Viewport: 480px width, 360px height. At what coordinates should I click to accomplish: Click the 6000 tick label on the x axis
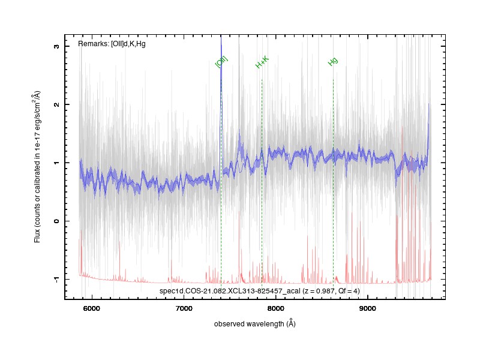point(92,308)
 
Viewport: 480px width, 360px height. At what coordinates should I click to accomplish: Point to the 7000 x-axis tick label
point(184,308)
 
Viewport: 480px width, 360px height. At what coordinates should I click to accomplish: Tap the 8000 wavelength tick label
point(275,308)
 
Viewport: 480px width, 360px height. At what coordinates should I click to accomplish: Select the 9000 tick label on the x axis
point(367,308)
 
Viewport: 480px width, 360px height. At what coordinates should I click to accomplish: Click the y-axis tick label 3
point(56,46)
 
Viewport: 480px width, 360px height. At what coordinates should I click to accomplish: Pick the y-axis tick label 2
point(56,104)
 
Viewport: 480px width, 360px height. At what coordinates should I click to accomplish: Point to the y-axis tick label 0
point(56,221)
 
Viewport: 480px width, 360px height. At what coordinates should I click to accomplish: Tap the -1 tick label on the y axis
point(56,278)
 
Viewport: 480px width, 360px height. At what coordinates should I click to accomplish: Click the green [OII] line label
point(221,62)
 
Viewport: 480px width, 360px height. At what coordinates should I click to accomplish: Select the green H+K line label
point(262,62)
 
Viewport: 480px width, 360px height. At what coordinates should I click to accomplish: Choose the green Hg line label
point(333,61)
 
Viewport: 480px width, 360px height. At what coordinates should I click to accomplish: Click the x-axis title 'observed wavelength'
point(250,324)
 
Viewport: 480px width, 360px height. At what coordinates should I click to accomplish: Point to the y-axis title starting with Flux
point(37,167)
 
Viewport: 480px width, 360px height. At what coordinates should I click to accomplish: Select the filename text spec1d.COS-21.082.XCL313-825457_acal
point(230,291)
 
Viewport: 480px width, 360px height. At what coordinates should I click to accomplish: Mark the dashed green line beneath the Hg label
point(333,179)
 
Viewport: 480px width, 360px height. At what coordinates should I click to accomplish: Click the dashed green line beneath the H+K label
point(262,179)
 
